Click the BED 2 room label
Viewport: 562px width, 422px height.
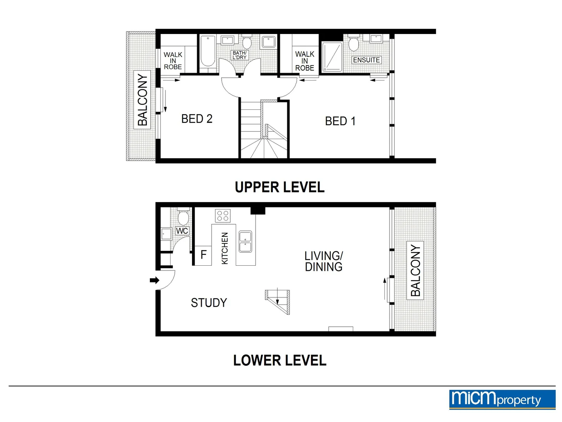197,119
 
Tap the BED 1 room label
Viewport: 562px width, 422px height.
340,121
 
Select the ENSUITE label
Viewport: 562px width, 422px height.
366,60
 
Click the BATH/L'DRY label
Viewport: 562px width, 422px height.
239,55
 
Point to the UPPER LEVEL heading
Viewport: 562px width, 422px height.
279,187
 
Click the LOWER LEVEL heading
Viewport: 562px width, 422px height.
279,360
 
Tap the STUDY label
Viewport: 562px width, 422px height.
209,303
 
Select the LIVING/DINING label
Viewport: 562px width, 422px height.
324,261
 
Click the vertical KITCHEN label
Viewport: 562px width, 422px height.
225,248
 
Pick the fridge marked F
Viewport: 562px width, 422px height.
203,255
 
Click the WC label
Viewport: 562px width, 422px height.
182,231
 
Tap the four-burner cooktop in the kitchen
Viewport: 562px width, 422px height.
223,216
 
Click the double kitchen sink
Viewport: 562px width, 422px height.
245,241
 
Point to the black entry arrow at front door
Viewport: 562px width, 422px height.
155,280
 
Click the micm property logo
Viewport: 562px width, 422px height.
502,399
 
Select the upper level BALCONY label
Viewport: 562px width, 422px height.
142,100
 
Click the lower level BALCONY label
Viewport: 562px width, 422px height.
415,270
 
